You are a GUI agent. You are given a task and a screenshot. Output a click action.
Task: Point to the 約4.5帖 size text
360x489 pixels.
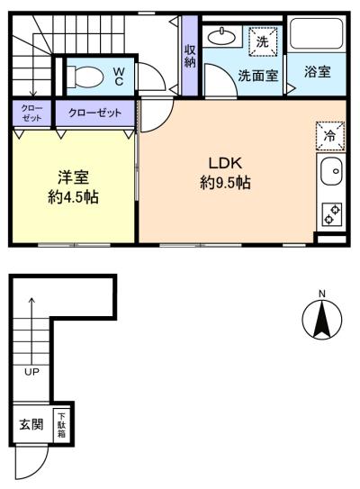pyautogui.click(x=73, y=198)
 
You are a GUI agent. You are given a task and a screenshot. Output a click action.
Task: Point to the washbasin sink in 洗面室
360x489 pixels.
pyautogui.click(x=220, y=38)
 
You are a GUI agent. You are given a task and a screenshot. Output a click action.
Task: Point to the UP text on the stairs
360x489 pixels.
pyautogui.click(x=31, y=369)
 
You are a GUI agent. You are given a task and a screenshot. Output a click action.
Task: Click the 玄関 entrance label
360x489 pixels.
pyautogui.click(x=31, y=424)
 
